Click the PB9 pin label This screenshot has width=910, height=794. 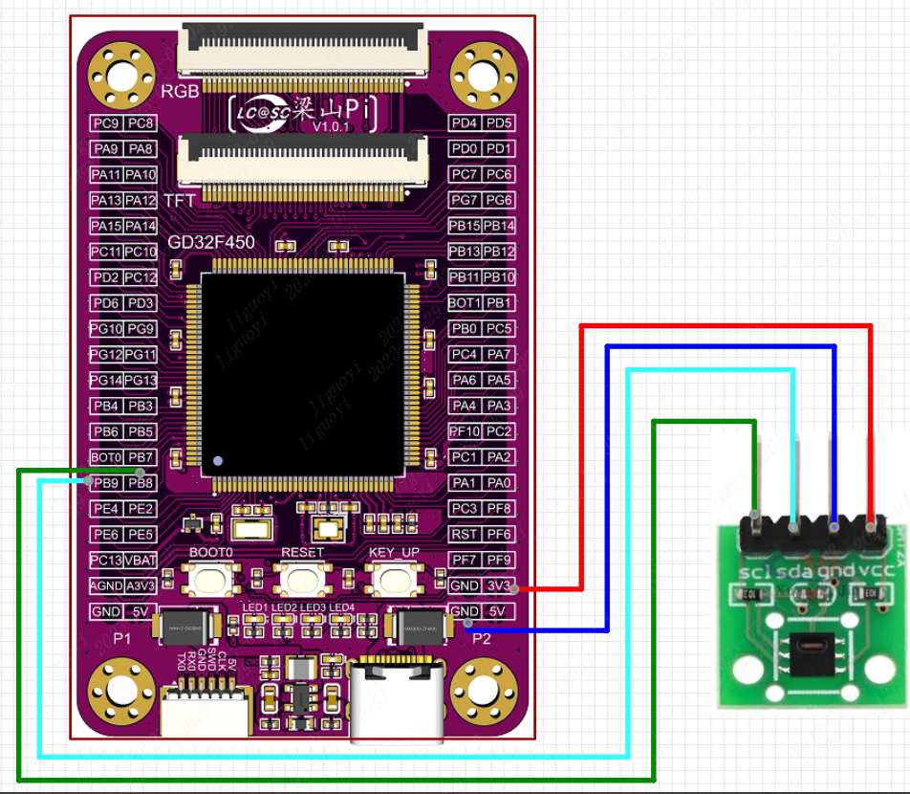[x=106, y=483]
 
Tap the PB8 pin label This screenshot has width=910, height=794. [x=141, y=483]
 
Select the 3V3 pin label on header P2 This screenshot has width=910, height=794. [x=499, y=585]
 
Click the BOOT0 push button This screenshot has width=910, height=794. [x=210, y=578]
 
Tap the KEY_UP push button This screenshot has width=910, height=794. [x=394, y=578]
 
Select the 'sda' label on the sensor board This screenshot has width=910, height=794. [x=793, y=573]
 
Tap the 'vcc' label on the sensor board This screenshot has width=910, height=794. [x=871, y=573]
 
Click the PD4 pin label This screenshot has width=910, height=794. [x=465, y=123]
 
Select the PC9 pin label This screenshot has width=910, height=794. [x=106, y=123]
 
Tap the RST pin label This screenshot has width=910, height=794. [x=465, y=534]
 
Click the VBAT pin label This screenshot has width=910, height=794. [x=141, y=560]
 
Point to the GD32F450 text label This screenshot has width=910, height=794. [x=211, y=243]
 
